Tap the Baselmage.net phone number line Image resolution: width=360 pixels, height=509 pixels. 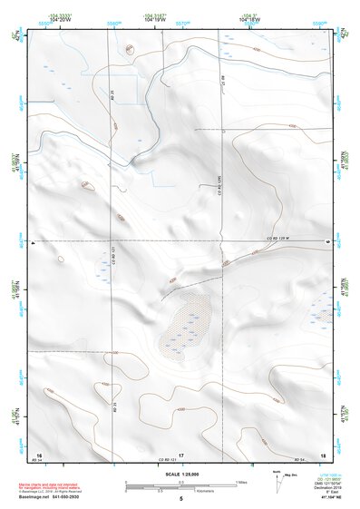tap(62, 498)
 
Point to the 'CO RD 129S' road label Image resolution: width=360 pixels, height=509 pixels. tap(220, 190)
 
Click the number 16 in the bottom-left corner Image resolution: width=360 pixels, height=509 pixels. tap(39, 454)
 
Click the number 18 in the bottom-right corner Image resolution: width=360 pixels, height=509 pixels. tap(323, 454)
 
